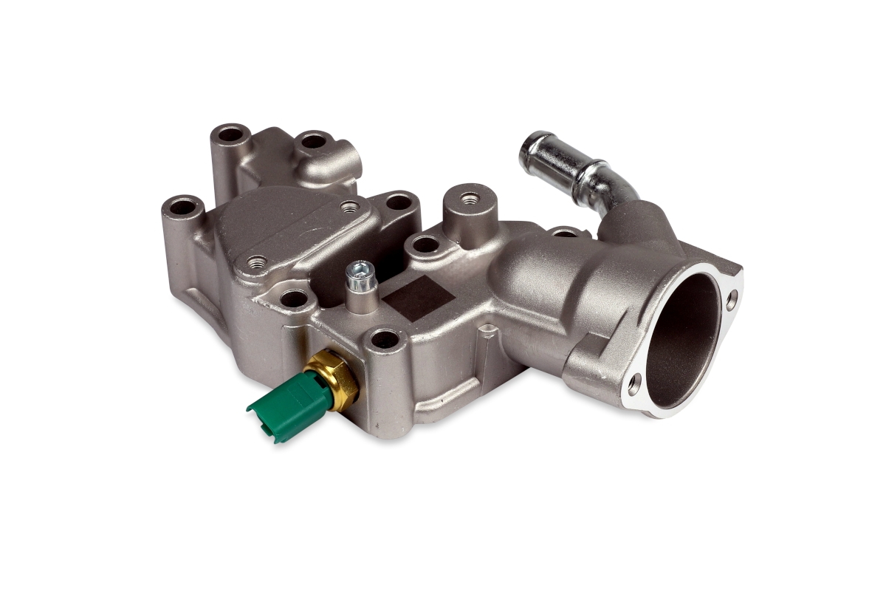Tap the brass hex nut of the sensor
pos(337,378)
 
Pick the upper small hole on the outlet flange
pos(731,298)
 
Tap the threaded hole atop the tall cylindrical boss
pos(469,197)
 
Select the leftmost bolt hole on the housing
pos(182,206)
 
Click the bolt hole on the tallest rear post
pos(231,134)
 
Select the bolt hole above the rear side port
pos(314,140)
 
